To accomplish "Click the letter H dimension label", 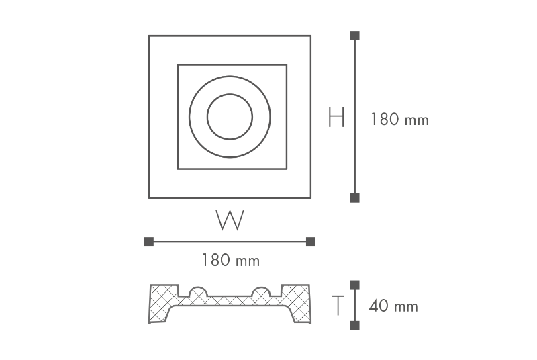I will pos(336,118).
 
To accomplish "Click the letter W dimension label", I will pos(230,220).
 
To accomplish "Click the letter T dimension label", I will pos(339,306).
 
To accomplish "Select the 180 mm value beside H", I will pos(399,120).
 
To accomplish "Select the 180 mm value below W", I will pos(230,260).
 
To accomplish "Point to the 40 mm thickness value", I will pos(393,307).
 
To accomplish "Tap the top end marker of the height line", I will pos(355,36).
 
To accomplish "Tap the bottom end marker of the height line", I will pos(355,197).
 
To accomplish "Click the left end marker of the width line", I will pos(149,242).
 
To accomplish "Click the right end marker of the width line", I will pos(310,242).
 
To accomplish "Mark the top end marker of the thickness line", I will pos(355,285).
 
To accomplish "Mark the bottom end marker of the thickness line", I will pos(355,326).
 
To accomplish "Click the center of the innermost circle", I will pos(230,117).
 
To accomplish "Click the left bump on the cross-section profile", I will pos(199,293).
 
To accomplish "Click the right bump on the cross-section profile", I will pos(260,293).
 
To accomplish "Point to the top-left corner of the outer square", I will pos(149,36).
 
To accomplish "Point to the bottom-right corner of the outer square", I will pos(310,197).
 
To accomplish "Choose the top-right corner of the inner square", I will pos(287,64).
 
